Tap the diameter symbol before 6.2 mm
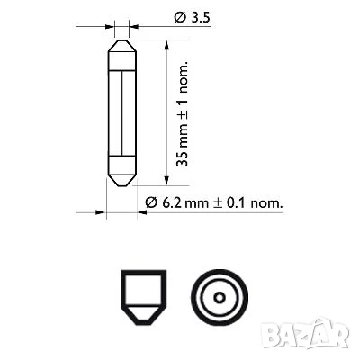(151, 203)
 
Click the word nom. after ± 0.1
(265, 203)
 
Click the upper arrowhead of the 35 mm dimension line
(167, 44)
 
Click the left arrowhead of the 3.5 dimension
(112, 26)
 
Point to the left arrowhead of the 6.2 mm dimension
(103, 213)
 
